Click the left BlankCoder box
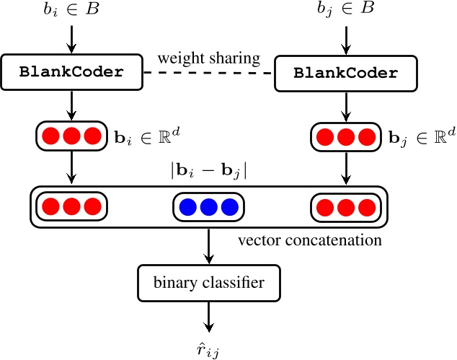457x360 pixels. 71,72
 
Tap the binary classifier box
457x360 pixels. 209,283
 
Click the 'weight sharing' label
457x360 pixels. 210,58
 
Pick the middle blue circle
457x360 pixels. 209,208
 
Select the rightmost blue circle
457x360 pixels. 229,208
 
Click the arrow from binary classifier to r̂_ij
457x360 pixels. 209,316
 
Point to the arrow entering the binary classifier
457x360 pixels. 209,245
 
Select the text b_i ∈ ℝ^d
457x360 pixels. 139,135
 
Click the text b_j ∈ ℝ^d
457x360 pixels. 417,136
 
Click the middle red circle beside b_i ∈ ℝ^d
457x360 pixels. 71,136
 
